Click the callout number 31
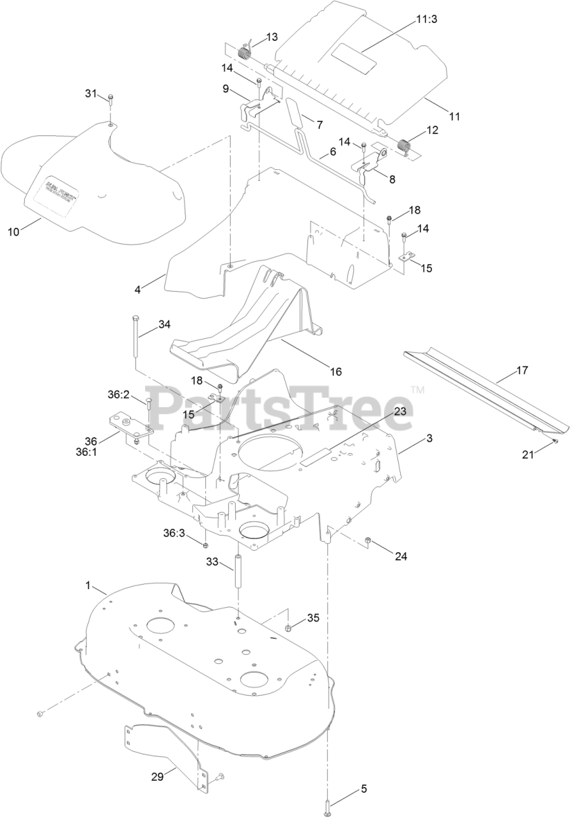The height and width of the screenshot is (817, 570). [x=91, y=93]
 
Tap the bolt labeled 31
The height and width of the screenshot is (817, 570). [x=111, y=99]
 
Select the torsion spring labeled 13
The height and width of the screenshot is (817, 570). [x=244, y=53]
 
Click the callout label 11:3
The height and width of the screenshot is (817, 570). [x=427, y=20]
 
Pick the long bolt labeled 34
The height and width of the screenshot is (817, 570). [x=137, y=338]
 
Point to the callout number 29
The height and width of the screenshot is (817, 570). [x=157, y=777]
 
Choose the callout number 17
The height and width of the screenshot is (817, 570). [x=522, y=369]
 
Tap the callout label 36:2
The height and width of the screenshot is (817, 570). [x=118, y=394]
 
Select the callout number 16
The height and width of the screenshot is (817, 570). [x=336, y=371]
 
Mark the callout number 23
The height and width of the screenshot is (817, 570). [x=400, y=412]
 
